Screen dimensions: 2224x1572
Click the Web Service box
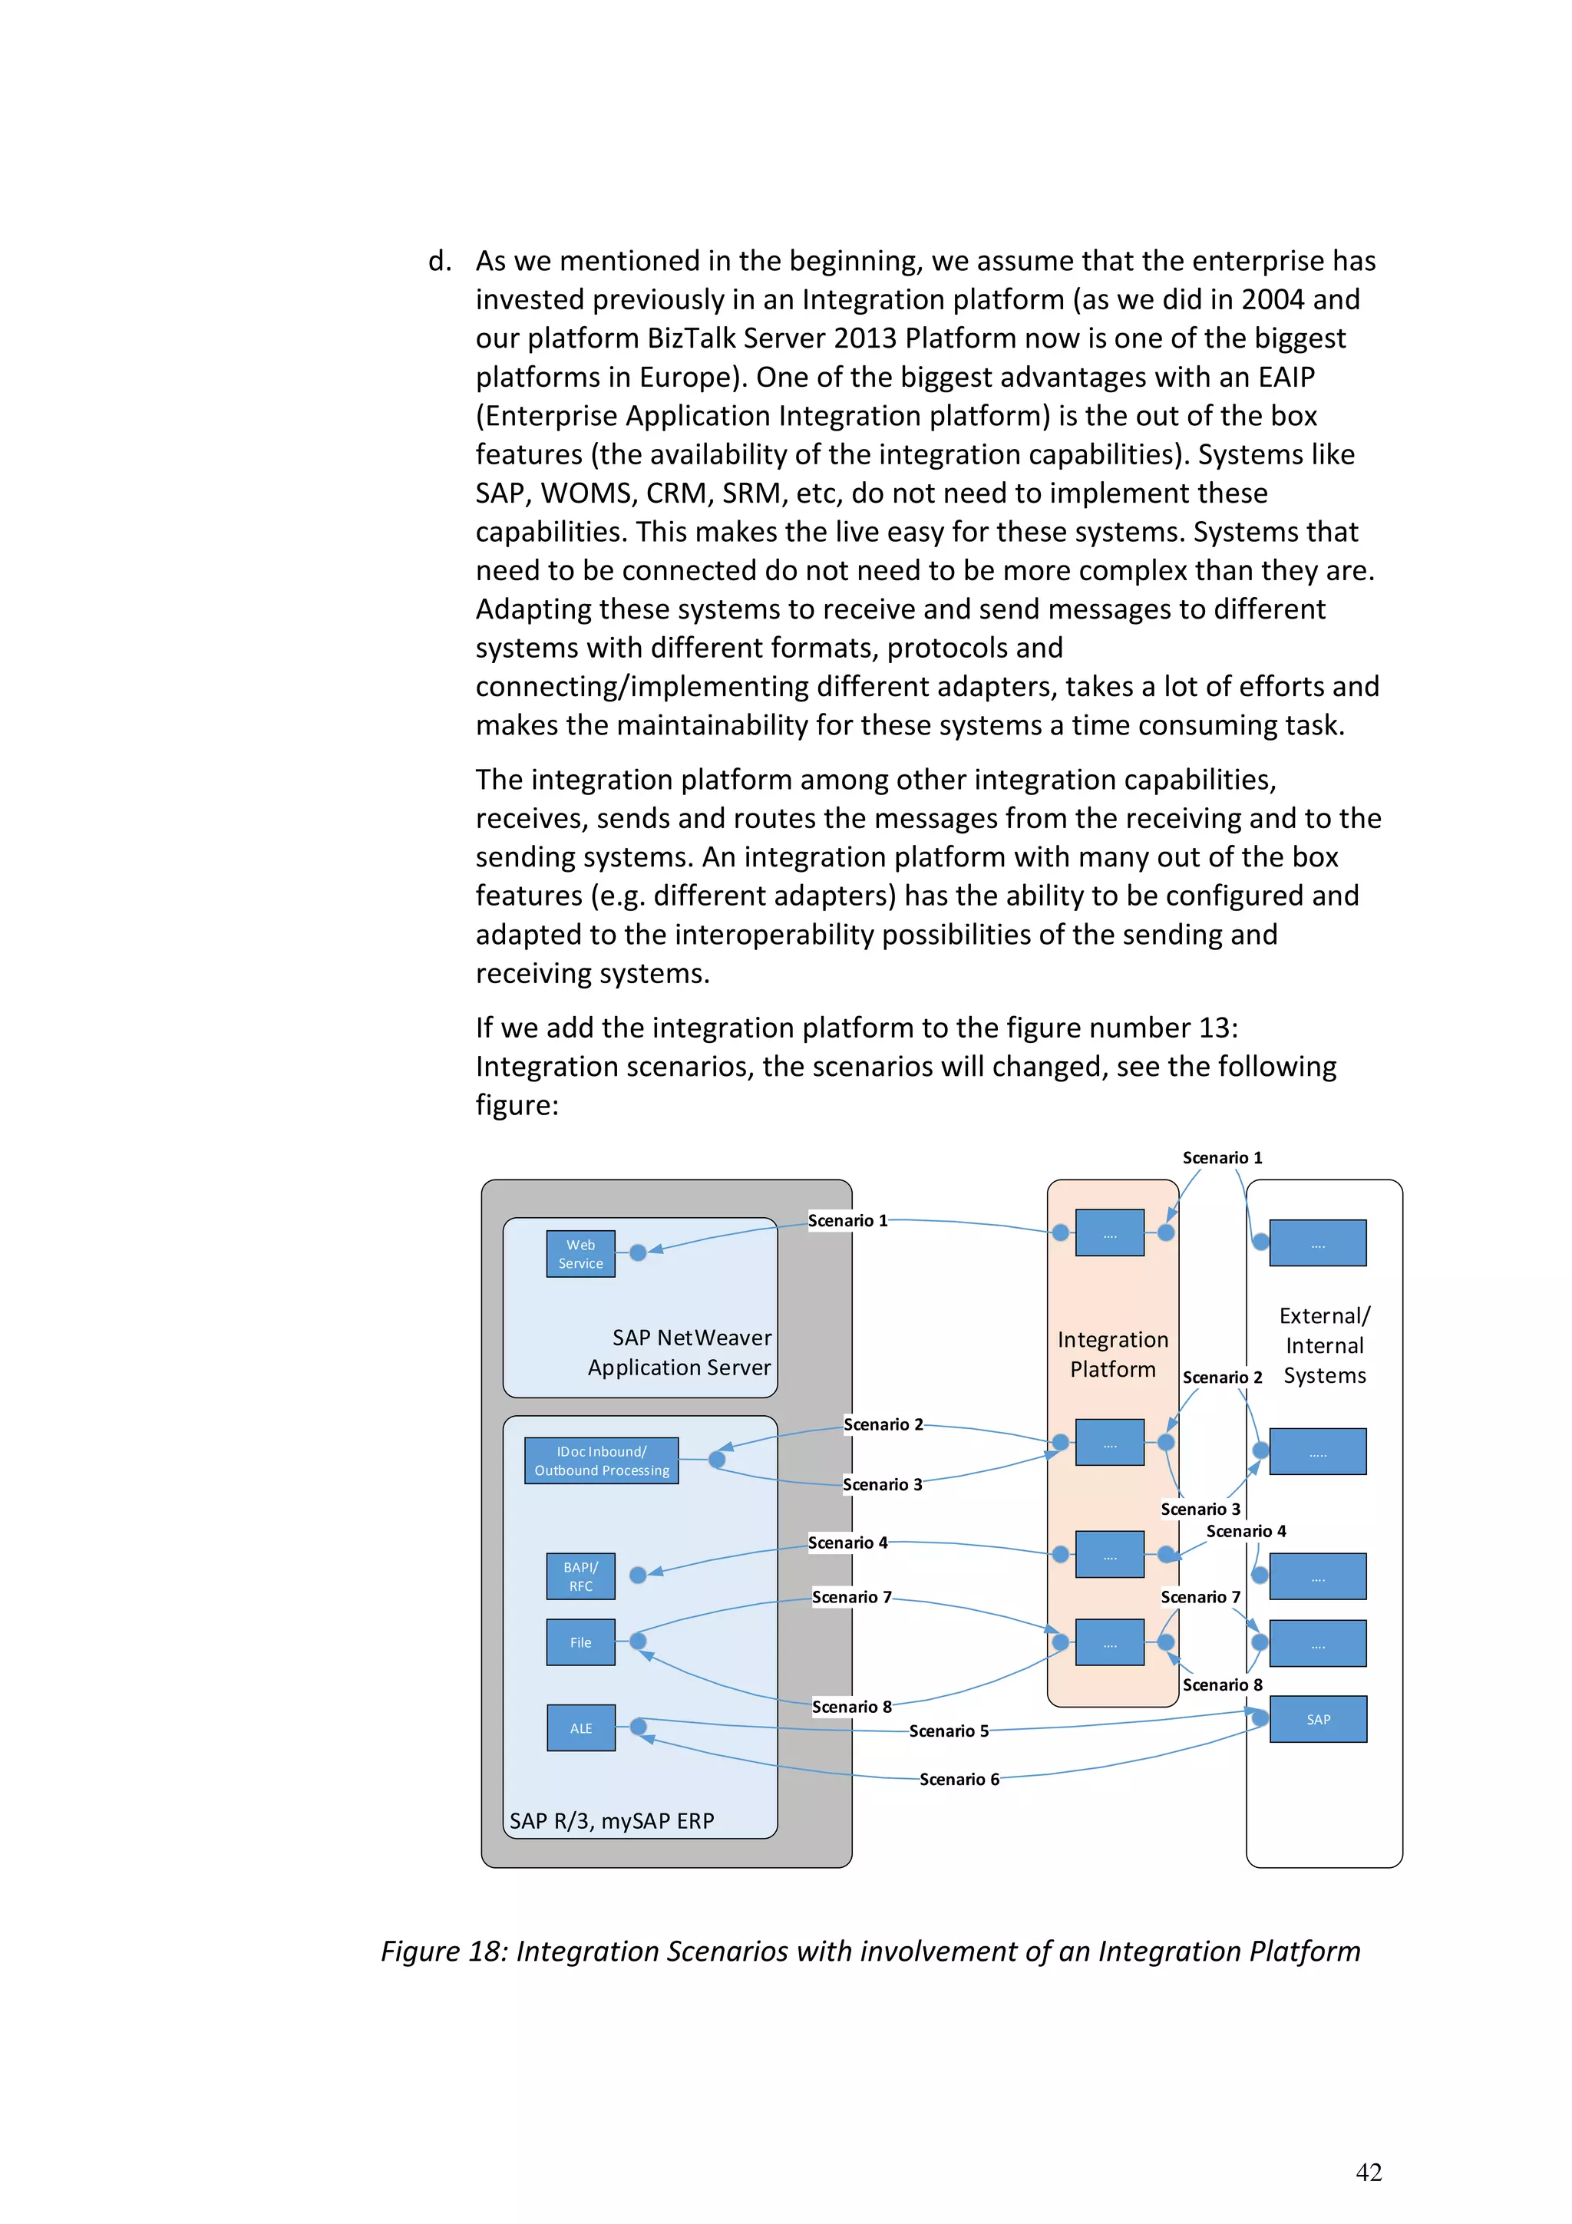pos(580,1253)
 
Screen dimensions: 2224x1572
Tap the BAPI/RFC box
pos(580,1576)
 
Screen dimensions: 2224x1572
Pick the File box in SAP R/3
pos(580,1642)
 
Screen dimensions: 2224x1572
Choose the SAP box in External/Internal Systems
pos(1317,1719)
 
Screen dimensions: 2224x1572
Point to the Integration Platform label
pos(1112,1355)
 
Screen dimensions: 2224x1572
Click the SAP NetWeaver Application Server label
pos(680,1352)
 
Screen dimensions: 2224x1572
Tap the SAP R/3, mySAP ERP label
pos(611,1821)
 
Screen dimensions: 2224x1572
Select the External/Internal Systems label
pos(1324,1345)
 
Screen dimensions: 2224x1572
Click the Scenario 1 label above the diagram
pos(1221,1157)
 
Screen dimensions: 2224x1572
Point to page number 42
pos(1369,2173)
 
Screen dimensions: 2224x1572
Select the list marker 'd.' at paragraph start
pos(440,262)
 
